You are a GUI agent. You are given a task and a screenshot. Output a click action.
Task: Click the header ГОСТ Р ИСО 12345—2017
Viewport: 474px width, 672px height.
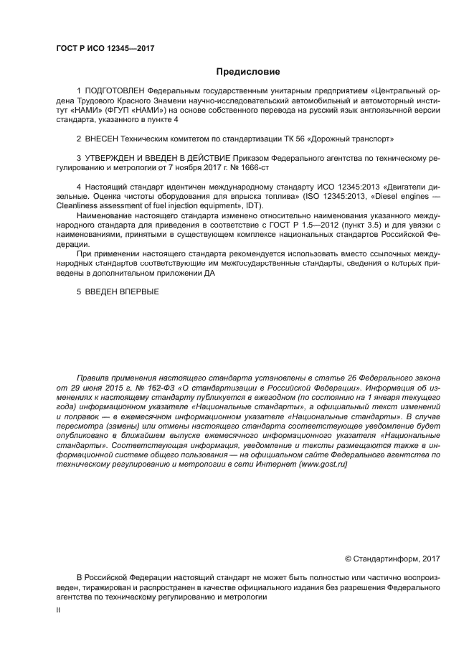(105, 49)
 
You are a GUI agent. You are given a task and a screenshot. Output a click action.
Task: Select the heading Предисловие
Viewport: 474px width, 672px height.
(248, 72)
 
